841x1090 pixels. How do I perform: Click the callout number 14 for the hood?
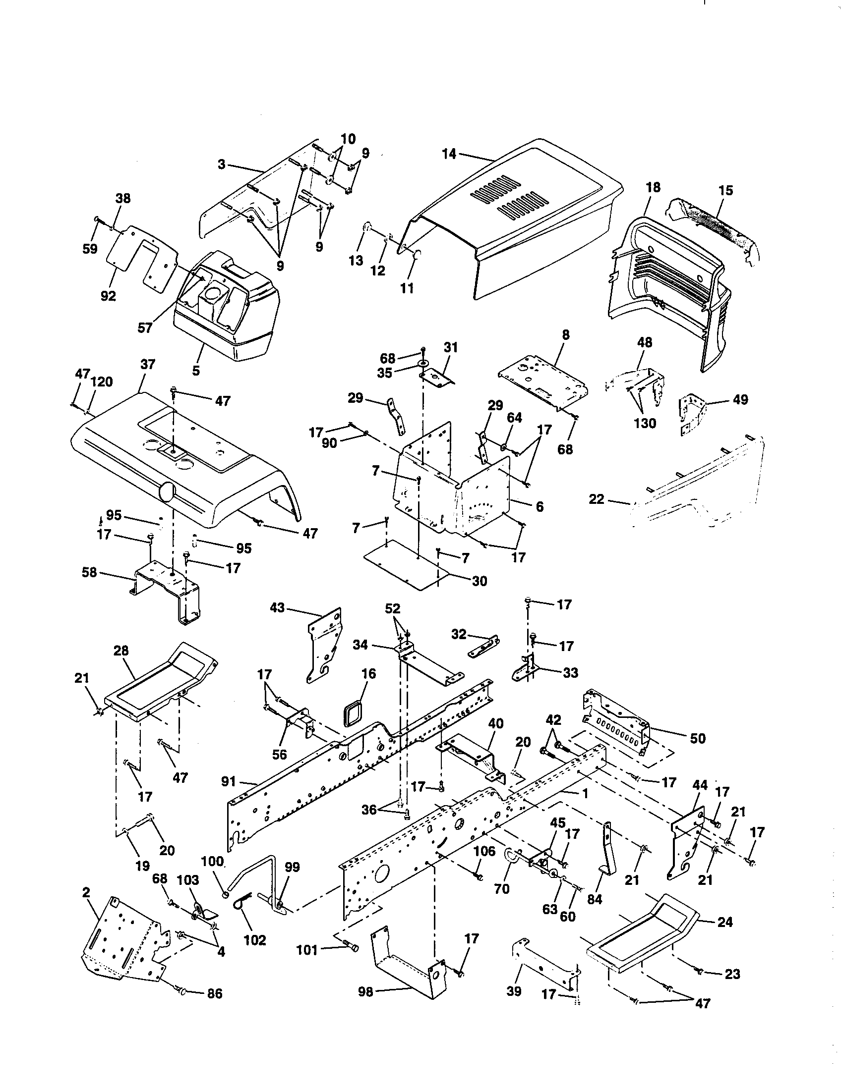(448, 154)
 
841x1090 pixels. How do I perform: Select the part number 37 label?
(148, 365)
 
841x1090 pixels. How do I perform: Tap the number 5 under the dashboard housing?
(196, 370)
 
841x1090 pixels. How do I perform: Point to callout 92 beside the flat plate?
(108, 296)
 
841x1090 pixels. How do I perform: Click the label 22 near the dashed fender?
(597, 498)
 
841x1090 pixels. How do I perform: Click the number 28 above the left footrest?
(121, 651)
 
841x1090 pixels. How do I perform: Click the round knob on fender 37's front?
(166, 492)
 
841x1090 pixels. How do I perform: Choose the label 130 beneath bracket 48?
(645, 423)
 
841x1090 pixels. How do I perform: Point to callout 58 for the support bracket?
(89, 572)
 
